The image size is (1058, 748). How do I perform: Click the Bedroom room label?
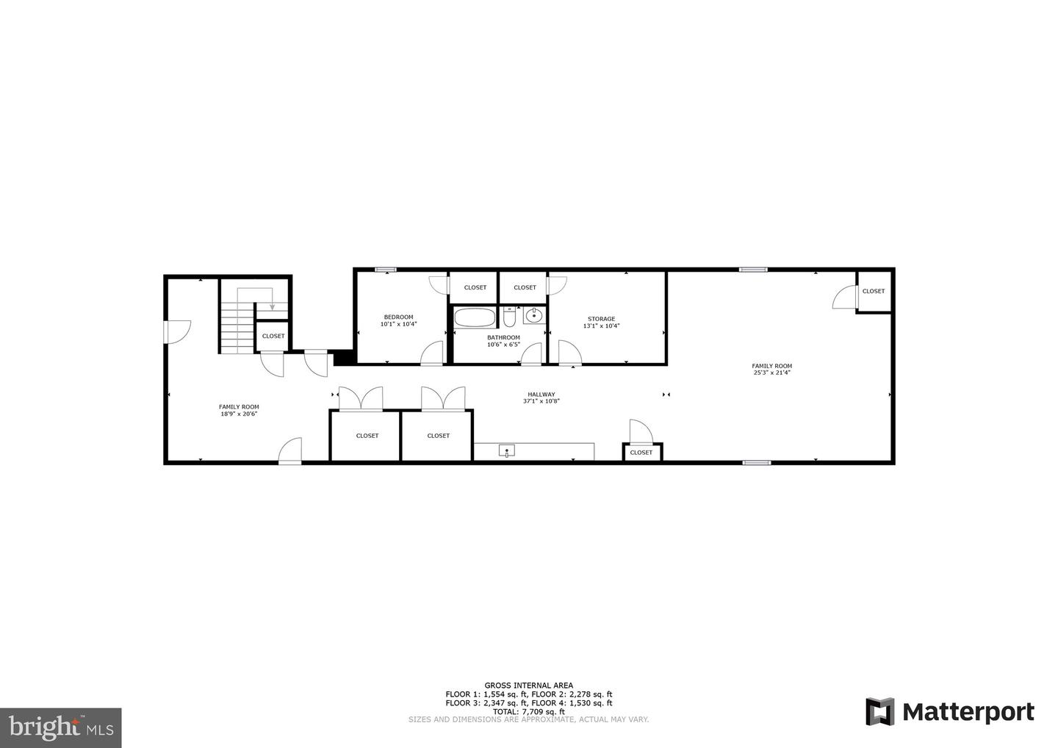(398, 317)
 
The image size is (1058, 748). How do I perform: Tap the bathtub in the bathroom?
(474, 318)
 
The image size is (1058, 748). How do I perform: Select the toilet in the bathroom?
(509, 318)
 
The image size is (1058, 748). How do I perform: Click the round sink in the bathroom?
(534, 317)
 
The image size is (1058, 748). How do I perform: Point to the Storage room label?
(601, 319)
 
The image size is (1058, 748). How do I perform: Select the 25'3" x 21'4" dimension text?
(771, 373)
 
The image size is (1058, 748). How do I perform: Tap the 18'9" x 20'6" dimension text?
(239, 414)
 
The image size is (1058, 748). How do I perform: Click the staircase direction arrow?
(272, 304)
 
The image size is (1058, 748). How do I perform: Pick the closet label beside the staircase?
(273, 336)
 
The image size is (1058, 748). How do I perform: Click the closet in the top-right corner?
(874, 291)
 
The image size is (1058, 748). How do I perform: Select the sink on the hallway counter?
(506, 451)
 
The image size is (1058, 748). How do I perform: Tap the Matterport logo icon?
(879, 712)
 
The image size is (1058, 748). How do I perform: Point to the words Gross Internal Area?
(528, 685)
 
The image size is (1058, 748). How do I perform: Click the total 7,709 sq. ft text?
(528, 711)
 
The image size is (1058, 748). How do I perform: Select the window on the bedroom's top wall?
(386, 270)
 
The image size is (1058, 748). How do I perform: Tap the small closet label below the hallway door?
(641, 453)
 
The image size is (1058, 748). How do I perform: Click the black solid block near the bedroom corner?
(342, 358)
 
